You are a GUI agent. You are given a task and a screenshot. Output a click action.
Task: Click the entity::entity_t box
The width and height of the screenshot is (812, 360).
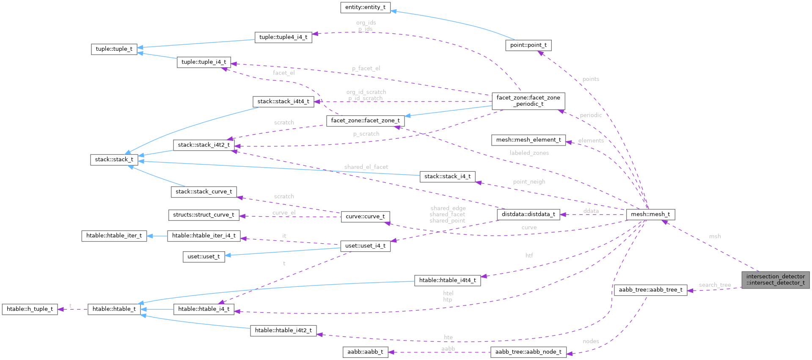[365, 7]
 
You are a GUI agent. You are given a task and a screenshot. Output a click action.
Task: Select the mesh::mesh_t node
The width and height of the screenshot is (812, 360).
[650, 214]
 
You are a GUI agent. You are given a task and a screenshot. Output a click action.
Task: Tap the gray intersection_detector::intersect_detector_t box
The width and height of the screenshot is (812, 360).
[775, 280]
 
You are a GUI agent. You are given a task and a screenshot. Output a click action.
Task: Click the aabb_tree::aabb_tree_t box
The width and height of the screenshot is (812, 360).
[650, 290]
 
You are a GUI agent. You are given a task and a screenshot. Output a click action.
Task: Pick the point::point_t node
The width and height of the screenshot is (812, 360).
[528, 45]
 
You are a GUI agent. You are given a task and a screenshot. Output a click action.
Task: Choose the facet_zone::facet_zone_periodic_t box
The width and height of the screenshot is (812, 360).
[528, 101]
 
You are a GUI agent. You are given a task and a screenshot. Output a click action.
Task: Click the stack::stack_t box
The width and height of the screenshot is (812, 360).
[114, 159]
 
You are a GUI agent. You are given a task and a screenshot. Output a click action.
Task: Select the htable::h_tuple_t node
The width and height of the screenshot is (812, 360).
[30, 309]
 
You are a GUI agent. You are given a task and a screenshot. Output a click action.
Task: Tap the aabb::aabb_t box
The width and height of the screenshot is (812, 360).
[365, 352]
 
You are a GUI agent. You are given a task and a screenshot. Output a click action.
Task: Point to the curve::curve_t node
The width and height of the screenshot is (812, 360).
[365, 217]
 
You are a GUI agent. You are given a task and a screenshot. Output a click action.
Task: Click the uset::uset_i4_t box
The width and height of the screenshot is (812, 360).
[365, 246]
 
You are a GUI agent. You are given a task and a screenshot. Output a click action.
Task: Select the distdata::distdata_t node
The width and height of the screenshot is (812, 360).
[528, 214]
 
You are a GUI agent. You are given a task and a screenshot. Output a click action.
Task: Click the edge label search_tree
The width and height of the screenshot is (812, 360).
[715, 285]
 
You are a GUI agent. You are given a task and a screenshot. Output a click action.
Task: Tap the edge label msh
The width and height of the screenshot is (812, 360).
[715, 236]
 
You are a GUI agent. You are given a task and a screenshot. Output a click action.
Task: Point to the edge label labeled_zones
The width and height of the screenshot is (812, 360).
[529, 153]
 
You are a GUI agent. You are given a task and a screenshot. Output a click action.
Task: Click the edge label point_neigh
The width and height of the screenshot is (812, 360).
[529, 182]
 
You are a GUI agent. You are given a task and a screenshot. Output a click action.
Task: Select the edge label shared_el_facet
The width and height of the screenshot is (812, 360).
[366, 167]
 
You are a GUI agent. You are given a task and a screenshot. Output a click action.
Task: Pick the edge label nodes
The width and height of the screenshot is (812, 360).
[591, 341]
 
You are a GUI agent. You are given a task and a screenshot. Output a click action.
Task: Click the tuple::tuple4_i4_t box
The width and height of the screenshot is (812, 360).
[283, 37]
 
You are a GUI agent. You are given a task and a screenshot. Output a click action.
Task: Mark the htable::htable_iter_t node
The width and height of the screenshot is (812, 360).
[114, 236]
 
